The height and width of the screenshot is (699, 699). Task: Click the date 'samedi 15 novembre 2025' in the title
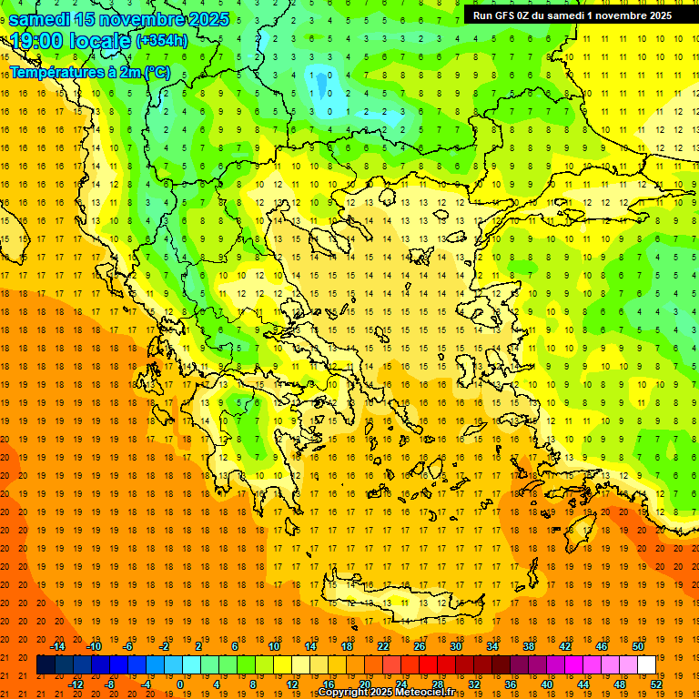[118, 18]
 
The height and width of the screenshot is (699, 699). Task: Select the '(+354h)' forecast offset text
[163, 41]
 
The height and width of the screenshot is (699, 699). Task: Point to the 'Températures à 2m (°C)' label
[89, 71]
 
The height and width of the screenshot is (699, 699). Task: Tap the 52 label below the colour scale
[654, 684]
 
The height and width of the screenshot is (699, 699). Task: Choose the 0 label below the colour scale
[181, 684]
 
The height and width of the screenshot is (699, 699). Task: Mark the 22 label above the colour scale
[383, 646]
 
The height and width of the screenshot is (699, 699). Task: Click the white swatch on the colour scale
[646, 665]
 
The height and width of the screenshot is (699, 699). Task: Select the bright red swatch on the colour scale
[428, 665]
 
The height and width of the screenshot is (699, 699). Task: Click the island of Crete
[400, 601]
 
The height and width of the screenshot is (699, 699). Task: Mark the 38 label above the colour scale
[528, 646]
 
